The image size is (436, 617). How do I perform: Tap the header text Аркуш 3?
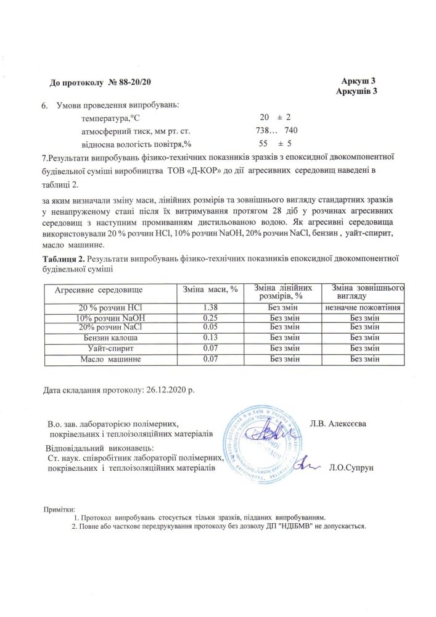tap(358, 82)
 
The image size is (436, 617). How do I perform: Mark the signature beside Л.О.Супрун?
tap(307, 465)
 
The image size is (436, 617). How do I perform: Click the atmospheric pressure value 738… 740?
tap(277, 131)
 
